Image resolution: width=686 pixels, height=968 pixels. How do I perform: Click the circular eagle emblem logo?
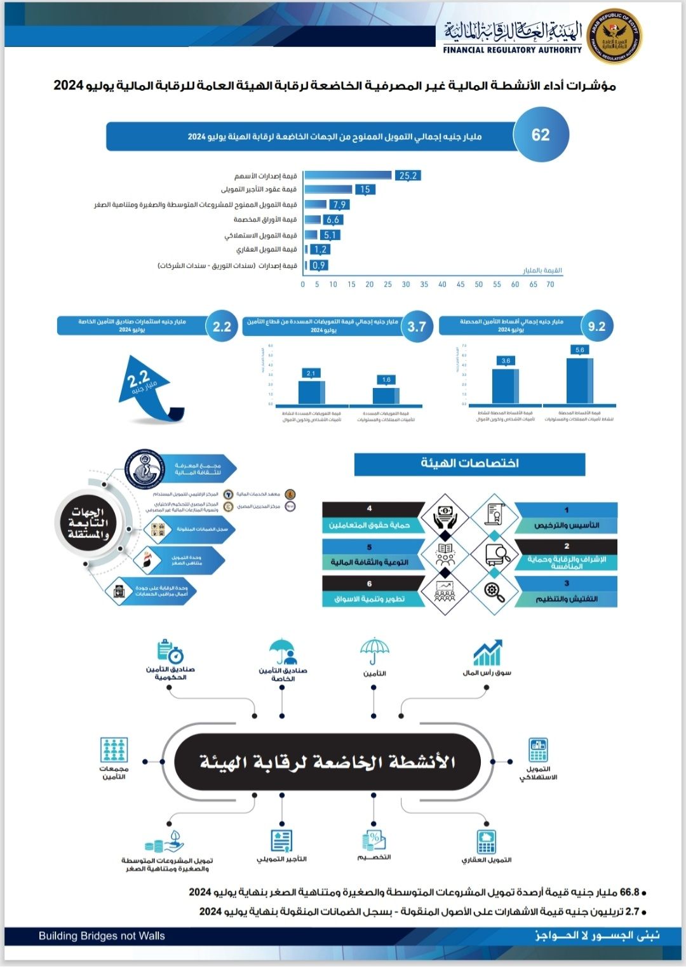coord(613,37)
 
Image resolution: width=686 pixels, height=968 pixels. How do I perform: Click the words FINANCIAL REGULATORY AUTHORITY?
coord(512,50)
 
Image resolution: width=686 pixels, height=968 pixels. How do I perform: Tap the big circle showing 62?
coord(541,135)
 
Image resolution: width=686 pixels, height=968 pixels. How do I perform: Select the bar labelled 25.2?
coord(347,175)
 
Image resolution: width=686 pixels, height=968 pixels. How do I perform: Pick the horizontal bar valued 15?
coord(328,189)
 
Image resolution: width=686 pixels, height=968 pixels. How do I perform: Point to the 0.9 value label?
coord(319,266)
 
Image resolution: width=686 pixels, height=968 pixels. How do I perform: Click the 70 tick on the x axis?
coord(550,285)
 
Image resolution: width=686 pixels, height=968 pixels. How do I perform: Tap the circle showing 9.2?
coord(596,326)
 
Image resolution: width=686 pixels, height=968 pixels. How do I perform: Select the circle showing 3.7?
coord(417,326)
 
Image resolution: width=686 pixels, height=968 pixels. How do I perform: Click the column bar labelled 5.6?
coord(579,381)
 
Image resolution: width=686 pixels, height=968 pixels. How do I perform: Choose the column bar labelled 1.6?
coord(386,395)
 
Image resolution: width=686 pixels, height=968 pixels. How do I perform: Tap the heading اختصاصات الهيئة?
coord(469,464)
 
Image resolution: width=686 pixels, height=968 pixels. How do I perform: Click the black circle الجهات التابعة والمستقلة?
coord(88,523)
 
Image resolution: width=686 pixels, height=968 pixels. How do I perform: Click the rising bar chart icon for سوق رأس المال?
coord(487,653)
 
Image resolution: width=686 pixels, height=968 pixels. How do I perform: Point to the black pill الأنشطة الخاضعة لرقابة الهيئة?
coord(327,762)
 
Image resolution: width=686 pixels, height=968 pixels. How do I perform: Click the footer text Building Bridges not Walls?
coord(102,936)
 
